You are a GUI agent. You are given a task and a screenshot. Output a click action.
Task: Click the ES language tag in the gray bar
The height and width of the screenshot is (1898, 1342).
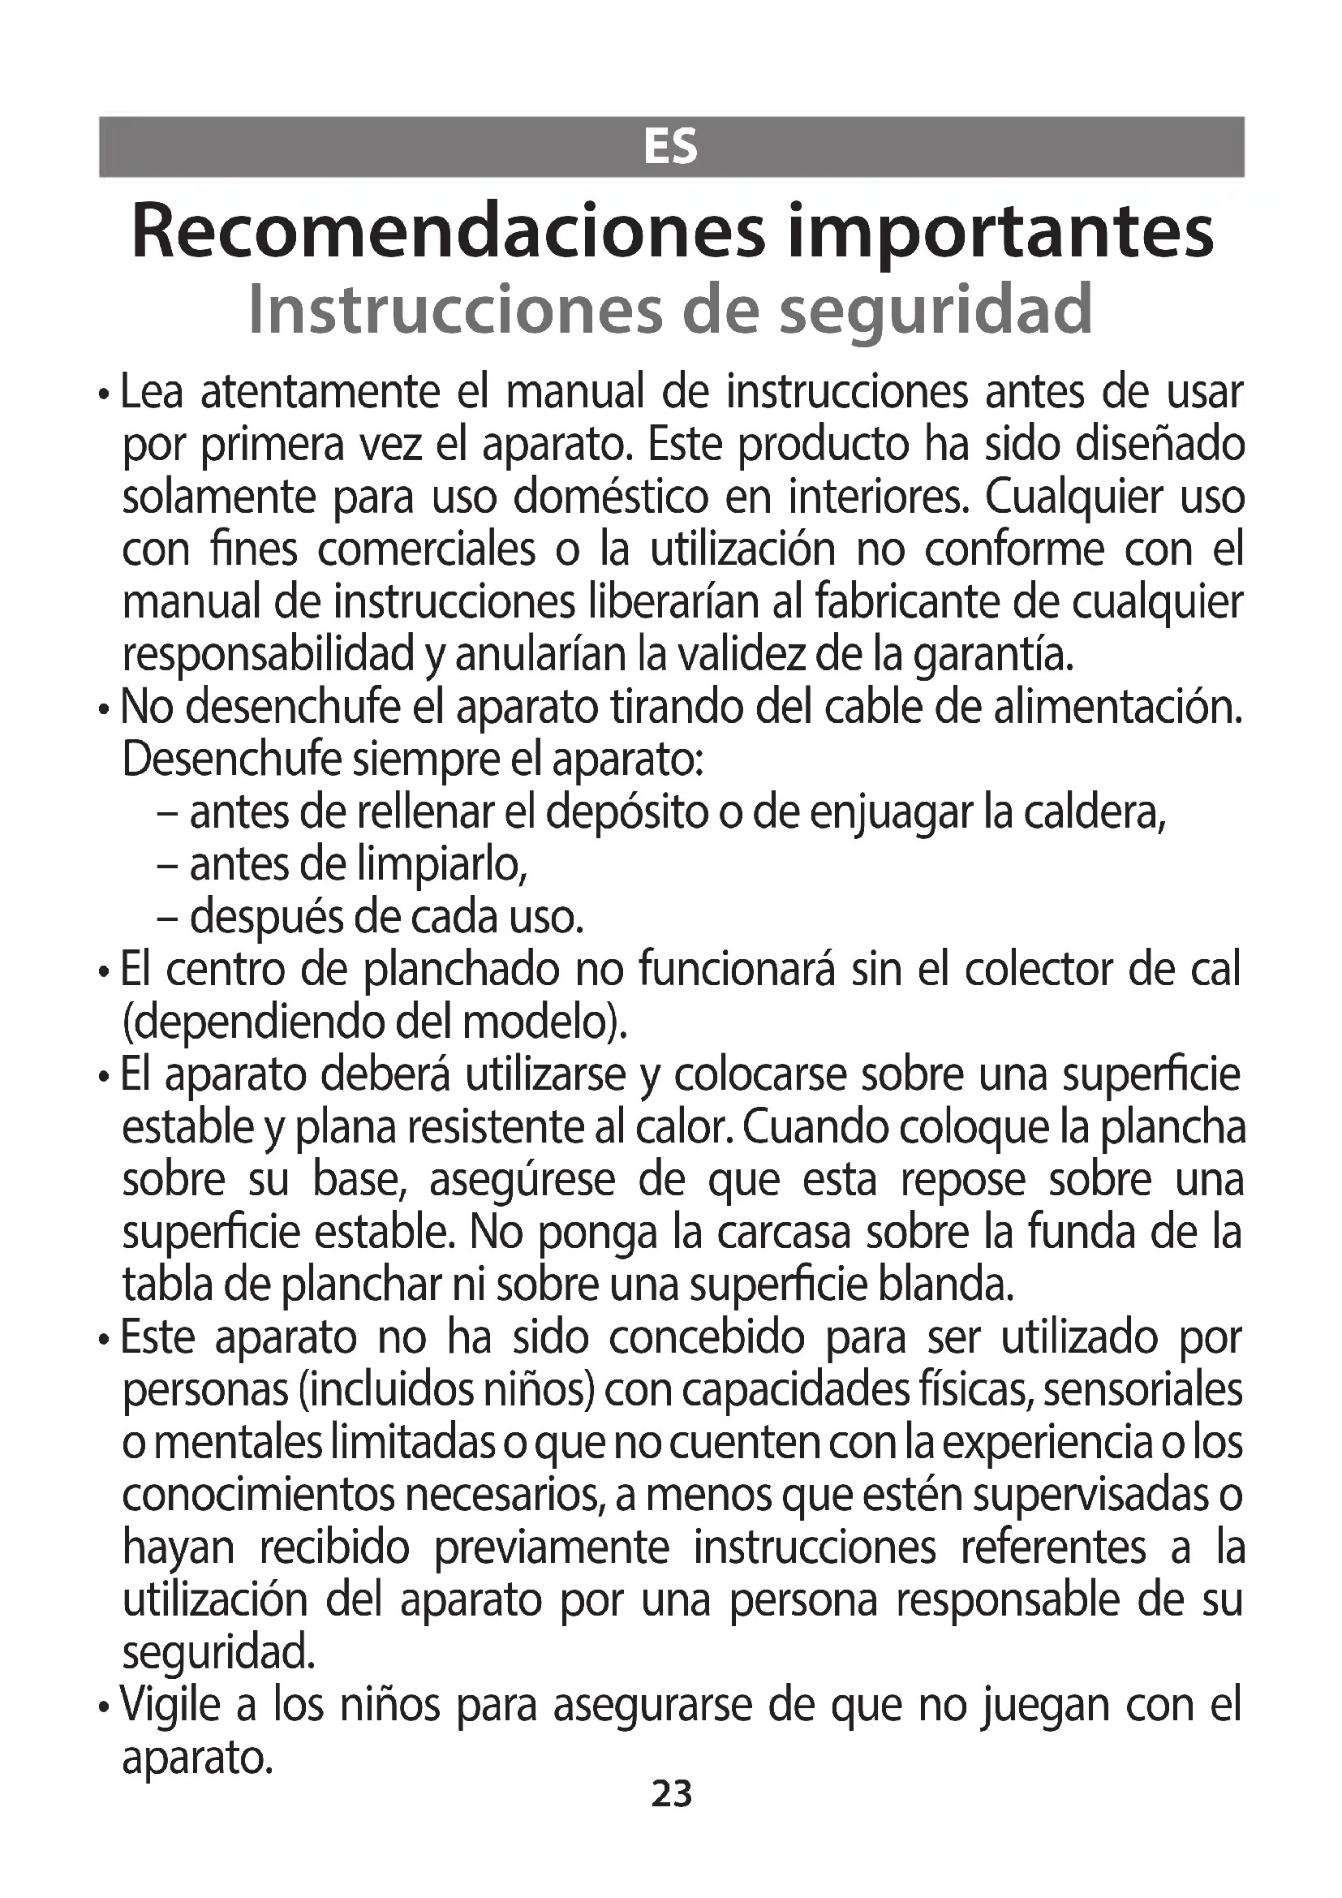click(x=670, y=148)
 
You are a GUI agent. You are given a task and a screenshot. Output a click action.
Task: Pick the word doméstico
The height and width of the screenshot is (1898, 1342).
click(x=611, y=497)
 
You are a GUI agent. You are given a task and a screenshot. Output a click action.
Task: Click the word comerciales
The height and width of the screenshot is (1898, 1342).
click(x=427, y=549)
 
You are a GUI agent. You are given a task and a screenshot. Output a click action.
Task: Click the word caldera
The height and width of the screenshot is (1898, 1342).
click(x=1094, y=813)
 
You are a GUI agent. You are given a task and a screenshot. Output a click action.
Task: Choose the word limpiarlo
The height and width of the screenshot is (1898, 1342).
click(x=442, y=866)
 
